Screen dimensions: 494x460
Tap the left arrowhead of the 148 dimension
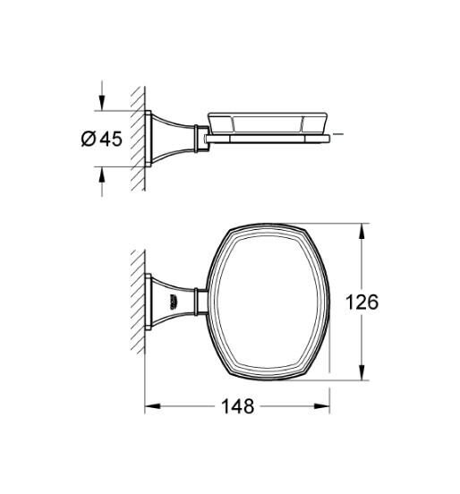tap(150, 406)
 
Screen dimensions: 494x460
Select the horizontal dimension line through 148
tap(197, 406)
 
